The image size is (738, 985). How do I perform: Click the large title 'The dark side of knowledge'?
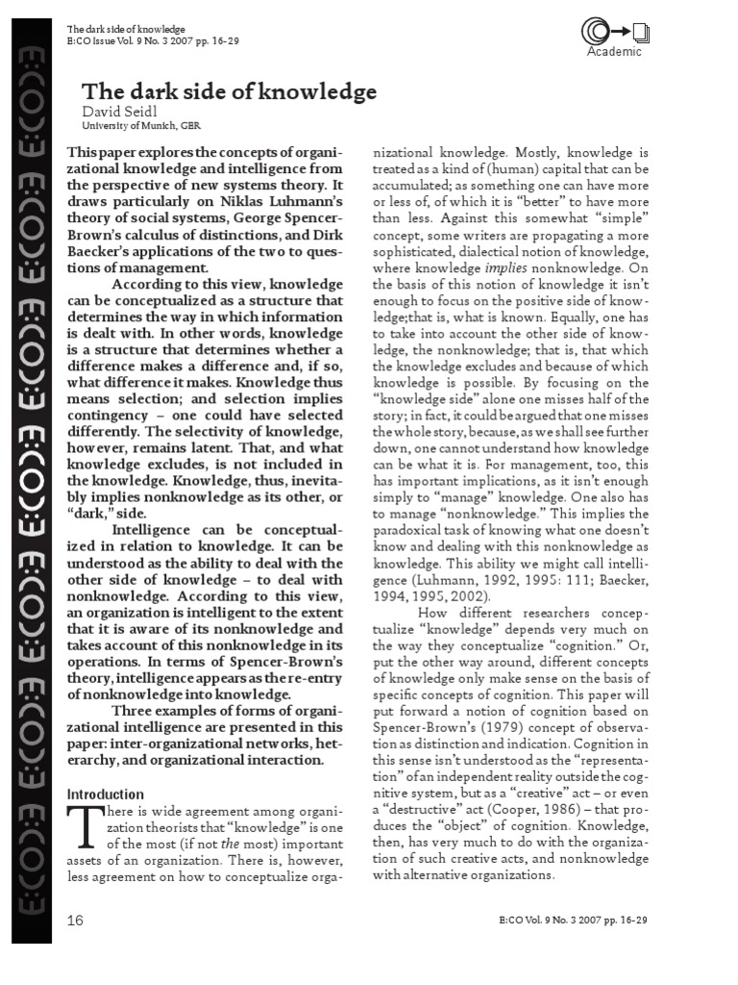coord(229,92)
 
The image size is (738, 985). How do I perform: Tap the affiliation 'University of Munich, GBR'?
coord(141,126)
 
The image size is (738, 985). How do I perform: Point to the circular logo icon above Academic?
coord(601,30)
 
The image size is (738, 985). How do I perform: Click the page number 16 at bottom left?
coord(76,920)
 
